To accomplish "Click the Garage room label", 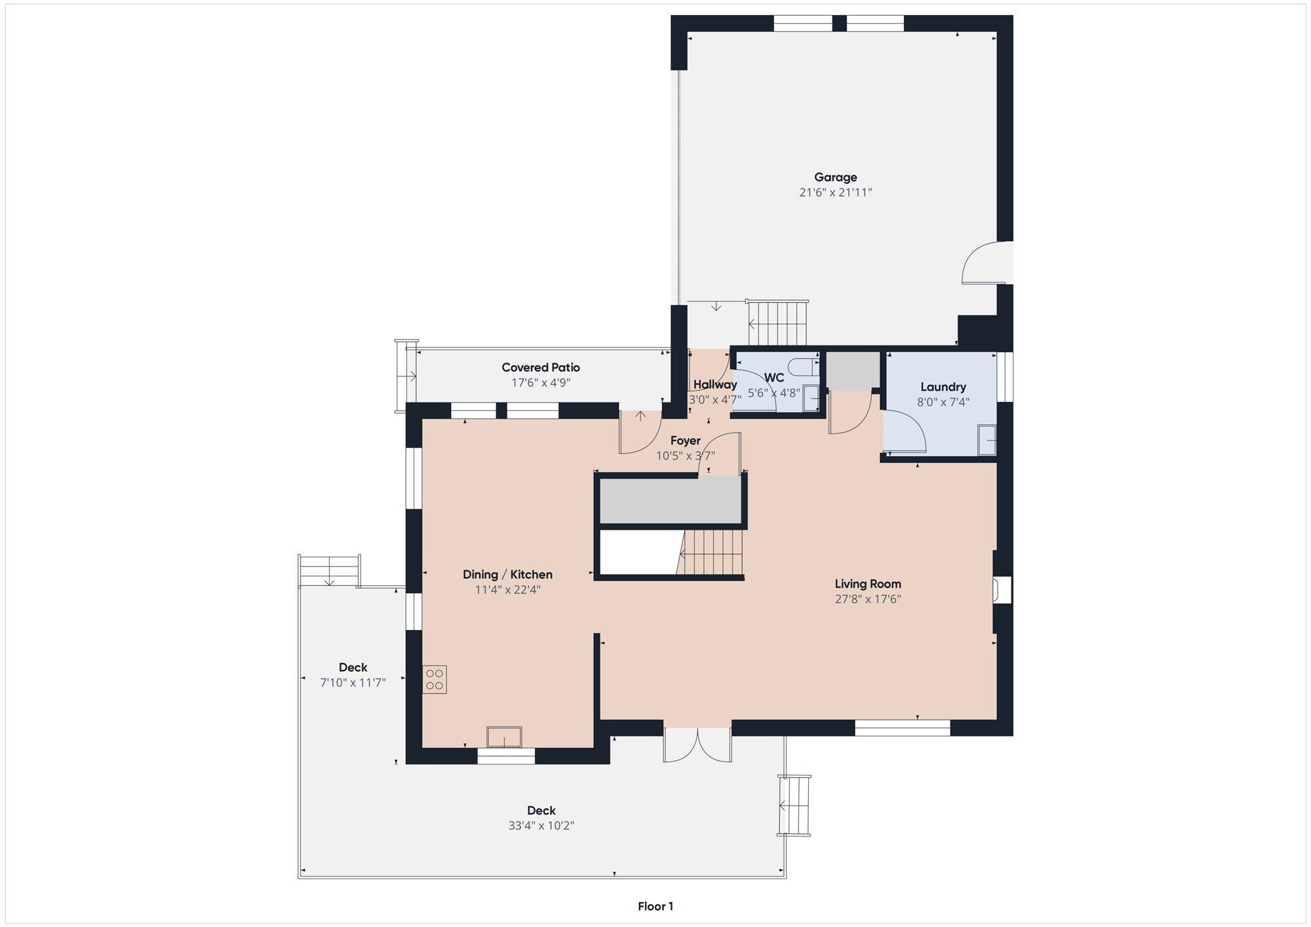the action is pos(836,177).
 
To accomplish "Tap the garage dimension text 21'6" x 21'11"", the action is pos(836,193).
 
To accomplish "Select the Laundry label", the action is pos(943,387).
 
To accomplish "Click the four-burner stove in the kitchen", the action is pos(434,679).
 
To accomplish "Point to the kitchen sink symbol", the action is pos(504,737).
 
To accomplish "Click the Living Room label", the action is pos(868,583).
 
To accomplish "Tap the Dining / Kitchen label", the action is pos(507,574).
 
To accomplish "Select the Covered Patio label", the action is pos(541,368).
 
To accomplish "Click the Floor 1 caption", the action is pos(655,907).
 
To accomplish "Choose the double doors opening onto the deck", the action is pos(697,745).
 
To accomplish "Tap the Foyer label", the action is pos(686,441).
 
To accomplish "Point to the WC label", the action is pos(774,378).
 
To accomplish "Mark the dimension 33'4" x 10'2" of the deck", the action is pos(541,826).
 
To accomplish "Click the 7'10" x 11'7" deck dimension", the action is pos(353,683).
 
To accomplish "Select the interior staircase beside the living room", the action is pos(711,552).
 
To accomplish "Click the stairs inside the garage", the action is pos(779,323).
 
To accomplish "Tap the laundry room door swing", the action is pos(904,431).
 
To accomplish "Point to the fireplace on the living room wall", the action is pos(1002,589).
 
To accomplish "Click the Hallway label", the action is pos(715,385).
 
